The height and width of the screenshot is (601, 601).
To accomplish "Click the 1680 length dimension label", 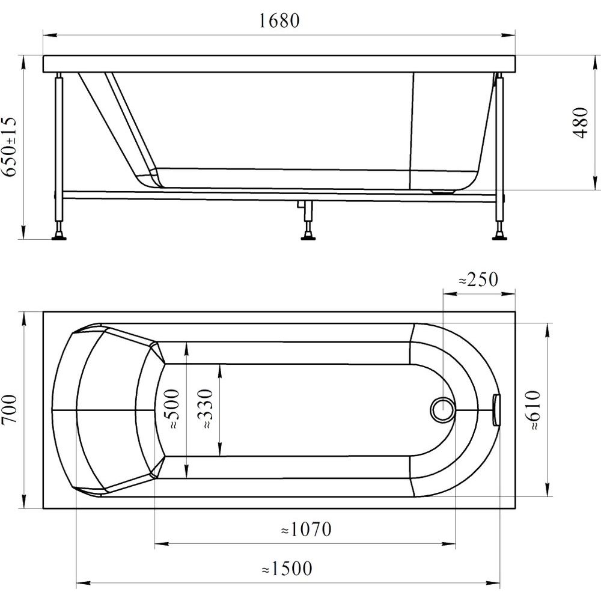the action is (279, 20).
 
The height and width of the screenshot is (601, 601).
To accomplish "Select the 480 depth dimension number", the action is (581, 123).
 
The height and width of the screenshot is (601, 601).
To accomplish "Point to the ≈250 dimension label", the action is (479, 279).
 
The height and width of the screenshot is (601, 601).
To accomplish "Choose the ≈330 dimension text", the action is (206, 409).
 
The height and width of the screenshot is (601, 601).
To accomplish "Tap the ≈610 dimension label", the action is (534, 410).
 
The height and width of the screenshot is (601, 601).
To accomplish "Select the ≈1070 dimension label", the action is (307, 529).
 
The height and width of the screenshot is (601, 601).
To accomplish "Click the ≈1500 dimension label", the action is (287, 569).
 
